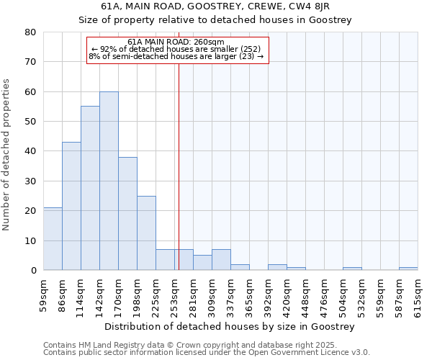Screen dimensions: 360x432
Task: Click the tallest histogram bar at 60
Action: tap(109, 181)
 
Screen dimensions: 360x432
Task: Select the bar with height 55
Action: tap(90, 188)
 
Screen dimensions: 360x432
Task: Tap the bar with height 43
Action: tap(71, 206)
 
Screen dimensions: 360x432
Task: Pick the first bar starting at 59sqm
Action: tap(53, 238)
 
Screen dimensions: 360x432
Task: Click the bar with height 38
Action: tap(127, 213)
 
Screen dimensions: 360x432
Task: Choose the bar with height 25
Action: tap(146, 233)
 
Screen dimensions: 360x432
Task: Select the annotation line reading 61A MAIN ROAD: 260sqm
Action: tap(177, 42)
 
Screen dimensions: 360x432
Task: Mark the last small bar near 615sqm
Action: tap(408, 269)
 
